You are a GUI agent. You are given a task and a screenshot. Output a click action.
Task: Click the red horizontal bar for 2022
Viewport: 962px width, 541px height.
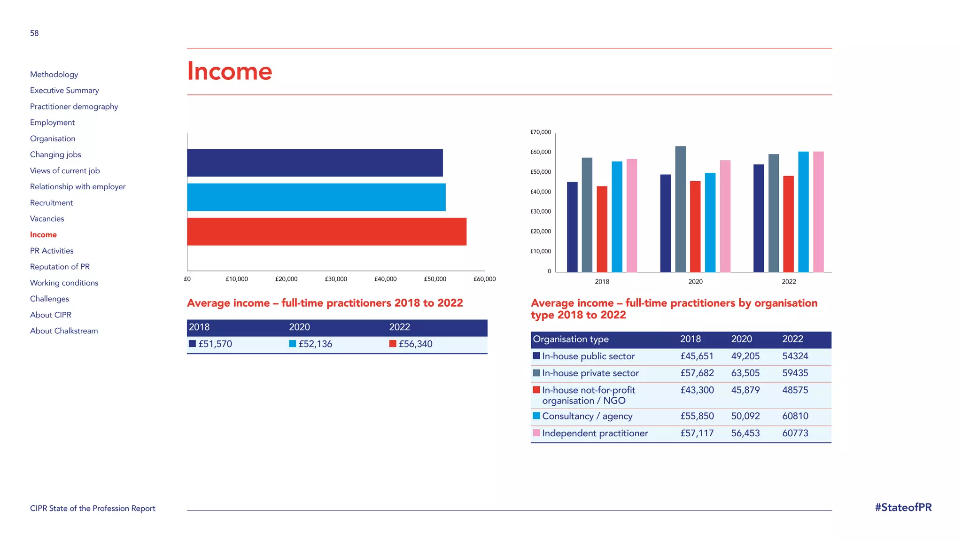(326, 232)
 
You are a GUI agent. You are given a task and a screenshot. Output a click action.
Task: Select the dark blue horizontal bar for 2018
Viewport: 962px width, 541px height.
(315, 162)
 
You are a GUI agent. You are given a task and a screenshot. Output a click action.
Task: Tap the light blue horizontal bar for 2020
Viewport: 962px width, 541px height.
(316, 197)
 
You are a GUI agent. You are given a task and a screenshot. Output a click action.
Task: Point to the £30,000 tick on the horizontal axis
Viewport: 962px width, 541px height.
(336, 279)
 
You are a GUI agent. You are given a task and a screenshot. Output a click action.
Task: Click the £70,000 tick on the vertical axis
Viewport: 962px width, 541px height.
(541, 132)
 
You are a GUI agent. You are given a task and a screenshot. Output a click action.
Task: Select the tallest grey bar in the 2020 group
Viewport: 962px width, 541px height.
(680, 209)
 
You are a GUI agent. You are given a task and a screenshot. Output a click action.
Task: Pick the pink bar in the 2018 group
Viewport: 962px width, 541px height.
(632, 215)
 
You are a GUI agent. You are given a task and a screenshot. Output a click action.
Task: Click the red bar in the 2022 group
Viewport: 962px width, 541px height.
(788, 224)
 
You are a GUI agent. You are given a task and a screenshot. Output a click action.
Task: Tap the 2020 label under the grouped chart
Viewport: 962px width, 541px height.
(695, 282)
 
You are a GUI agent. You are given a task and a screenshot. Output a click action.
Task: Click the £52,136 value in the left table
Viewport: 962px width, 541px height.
(315, 344)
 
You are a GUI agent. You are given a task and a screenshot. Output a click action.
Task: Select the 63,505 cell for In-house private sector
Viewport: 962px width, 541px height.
(745, 373)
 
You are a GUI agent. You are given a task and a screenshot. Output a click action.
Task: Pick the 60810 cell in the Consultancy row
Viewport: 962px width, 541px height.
(795, 416)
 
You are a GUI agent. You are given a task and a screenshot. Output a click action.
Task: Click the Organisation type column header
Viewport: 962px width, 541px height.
(571, 339)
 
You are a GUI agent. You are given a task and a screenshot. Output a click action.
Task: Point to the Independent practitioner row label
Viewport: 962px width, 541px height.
(595, 433)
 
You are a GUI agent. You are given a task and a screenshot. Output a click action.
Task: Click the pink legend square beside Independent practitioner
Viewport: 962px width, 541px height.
(536, 433)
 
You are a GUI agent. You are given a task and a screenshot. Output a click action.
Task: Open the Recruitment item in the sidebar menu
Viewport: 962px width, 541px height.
(51, 203)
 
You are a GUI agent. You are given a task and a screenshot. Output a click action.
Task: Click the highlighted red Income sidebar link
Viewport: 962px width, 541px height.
(43, 235)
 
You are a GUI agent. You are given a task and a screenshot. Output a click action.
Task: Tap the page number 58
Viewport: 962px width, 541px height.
(34, 33)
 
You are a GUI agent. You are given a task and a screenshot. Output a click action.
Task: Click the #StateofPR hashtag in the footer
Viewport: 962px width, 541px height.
(903, 508)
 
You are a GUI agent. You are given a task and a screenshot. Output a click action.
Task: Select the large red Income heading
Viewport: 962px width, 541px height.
(229, 71)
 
